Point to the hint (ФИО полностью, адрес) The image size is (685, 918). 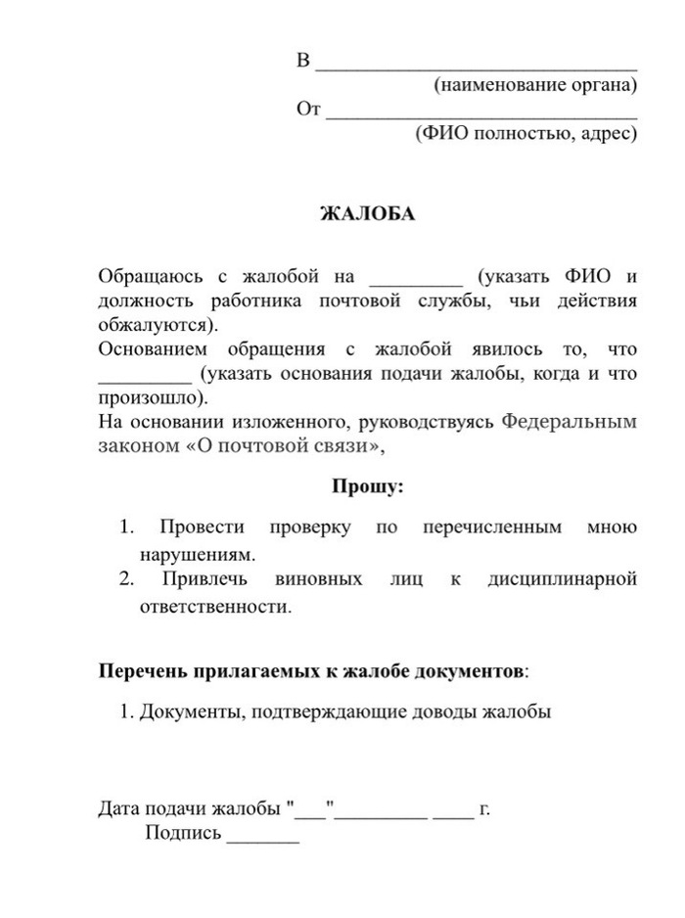click(x=525, y=134)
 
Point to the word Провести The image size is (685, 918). click(x=203, y=528)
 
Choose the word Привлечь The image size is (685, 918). click(x=205, y=579)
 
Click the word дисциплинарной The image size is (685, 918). click(x=562, y=579)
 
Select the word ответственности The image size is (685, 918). click(x=209, y=606)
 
